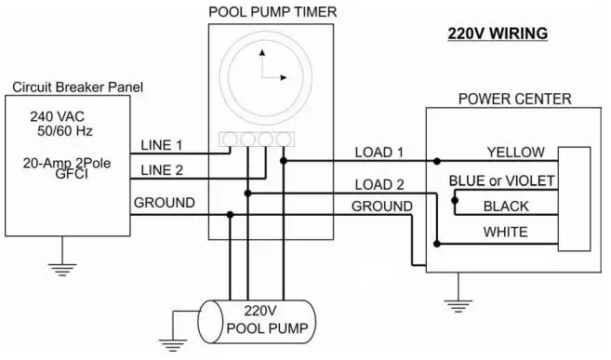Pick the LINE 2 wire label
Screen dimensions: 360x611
click(x=162, y=169)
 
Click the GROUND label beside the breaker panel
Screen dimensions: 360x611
click(x=164, y=202)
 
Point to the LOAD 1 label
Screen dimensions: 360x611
click(x=380, y=153)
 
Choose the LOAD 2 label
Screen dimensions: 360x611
click(x=380, y=184)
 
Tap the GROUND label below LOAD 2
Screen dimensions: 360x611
click(x=381, y=206)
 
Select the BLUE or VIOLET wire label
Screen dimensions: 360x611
click(x=502, y=180)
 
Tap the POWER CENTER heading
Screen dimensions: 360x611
click(x=514, y=99)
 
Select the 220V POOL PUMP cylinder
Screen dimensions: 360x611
click(x=260, y=319)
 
